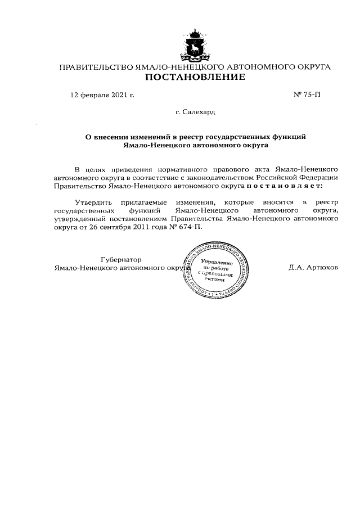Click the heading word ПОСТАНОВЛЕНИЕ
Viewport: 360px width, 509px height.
pos(195,77)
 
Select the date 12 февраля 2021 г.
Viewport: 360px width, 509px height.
pos(102,95)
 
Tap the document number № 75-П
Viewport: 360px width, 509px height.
pos(307,95)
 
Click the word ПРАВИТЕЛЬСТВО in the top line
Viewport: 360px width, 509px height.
pos(96,67)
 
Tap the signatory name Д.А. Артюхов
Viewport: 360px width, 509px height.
pos(313,268)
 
